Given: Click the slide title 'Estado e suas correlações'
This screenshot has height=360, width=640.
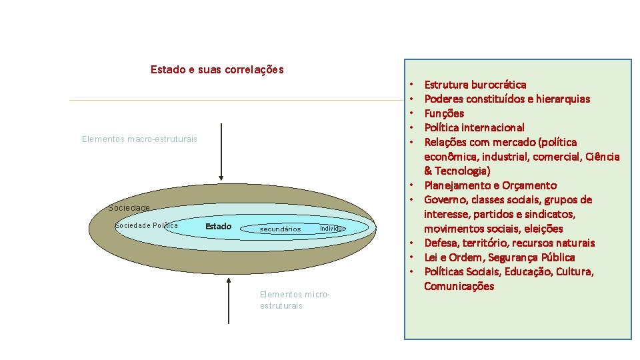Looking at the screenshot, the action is coord(217,69).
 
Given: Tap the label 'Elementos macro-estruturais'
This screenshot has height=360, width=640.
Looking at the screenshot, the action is coord(139,139).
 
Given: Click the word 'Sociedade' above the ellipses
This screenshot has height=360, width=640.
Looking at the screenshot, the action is coord(129,207).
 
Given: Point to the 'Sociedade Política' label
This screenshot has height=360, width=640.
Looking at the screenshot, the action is coord(147,225).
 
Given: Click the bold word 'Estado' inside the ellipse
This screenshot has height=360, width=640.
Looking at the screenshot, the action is coord(218,227).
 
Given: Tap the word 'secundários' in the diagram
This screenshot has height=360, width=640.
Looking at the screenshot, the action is coord(280,229).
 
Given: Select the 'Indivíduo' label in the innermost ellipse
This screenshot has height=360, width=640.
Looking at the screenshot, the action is coord(333,229).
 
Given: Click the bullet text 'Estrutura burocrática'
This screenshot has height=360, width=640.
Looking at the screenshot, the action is coord(475,85).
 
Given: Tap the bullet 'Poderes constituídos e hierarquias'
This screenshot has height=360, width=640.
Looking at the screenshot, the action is coord(507,99).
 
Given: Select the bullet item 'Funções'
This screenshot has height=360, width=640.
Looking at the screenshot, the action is coord(444,113).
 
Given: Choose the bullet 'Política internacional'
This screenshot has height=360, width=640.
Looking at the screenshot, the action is coord(474,127).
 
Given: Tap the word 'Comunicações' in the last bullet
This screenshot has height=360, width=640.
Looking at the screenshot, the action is coord(459,286).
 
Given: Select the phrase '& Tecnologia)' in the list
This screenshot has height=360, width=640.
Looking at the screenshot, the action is coord(457,171).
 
